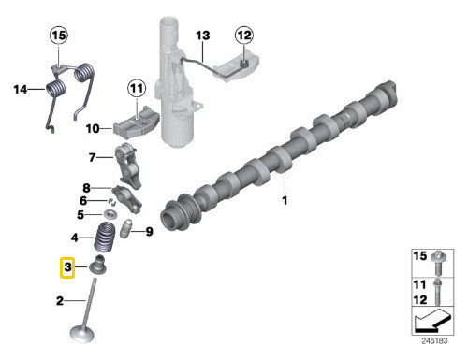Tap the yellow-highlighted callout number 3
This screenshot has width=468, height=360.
click(67, 269)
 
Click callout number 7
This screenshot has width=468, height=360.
click(93, 157)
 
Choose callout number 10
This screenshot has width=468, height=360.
click(94, 128)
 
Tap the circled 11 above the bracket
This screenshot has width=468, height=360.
click(137, 90)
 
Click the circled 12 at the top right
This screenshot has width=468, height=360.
click(243, 36)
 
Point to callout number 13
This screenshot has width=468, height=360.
click(202, 36)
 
